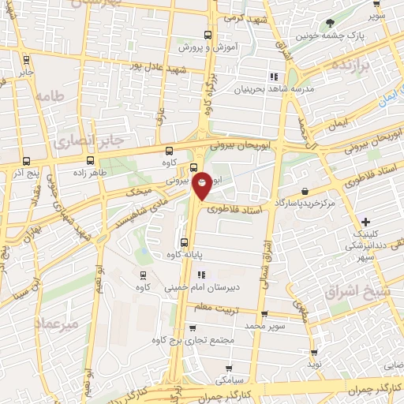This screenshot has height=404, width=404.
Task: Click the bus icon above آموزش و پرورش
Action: [x=208, y=35]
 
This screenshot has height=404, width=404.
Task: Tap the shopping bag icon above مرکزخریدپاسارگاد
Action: [x=305, y=191]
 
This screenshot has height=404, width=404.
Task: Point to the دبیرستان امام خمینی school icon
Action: [x=202, y=275]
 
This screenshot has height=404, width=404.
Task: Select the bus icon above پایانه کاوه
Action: [x=184, y=242]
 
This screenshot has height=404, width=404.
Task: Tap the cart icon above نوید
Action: [x=314, y=353]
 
